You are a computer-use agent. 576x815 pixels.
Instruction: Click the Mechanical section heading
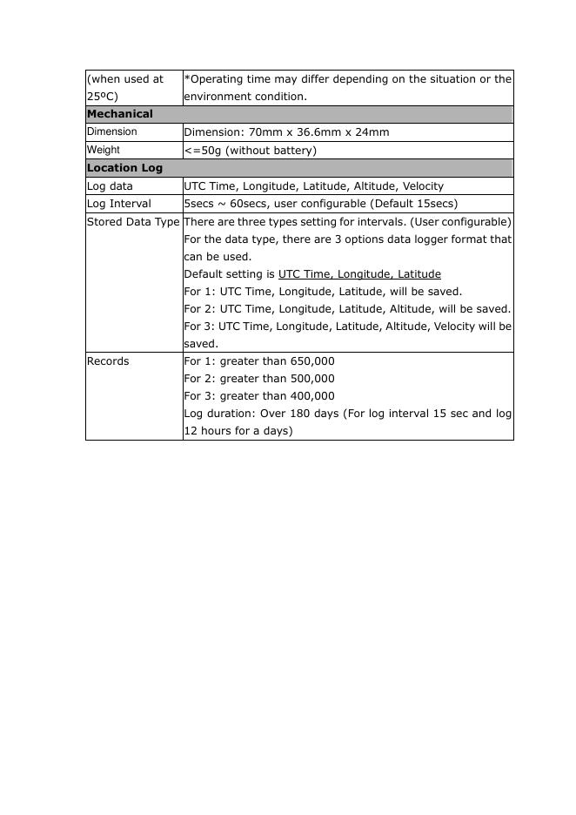tap(120, 114)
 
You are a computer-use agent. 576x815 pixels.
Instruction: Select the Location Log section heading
tap(124, 168)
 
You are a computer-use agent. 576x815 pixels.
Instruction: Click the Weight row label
tap(103, 150)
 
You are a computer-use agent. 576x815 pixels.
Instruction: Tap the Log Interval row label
tap(119, 204)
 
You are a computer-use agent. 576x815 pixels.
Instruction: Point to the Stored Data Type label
tap(133, 222)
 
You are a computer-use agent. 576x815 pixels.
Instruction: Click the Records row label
tap(109, 361)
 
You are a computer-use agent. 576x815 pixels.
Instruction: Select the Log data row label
tap(110, 186)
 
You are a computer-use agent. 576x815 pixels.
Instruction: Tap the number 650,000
tap(311, 361)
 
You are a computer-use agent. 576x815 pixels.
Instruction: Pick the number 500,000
tap(311, 379)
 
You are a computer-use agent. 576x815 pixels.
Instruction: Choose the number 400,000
tap(311, 396)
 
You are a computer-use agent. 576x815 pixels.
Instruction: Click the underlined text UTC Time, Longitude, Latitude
tap(359, 274)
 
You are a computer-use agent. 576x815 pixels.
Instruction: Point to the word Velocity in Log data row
tap(423, 186)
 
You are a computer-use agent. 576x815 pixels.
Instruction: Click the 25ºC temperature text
tap(102, 97)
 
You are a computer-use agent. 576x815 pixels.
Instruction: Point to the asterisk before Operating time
tap(186, 78)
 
